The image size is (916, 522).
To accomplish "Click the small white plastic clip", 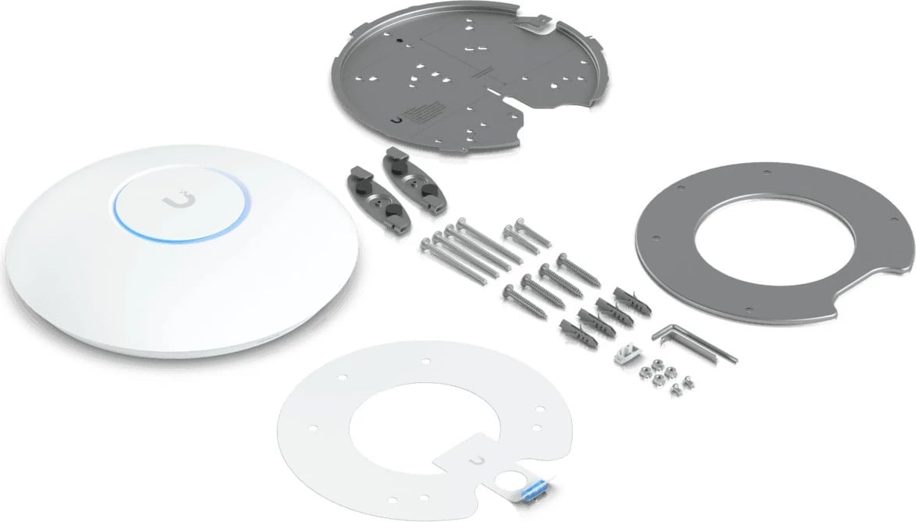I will [624, 356].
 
